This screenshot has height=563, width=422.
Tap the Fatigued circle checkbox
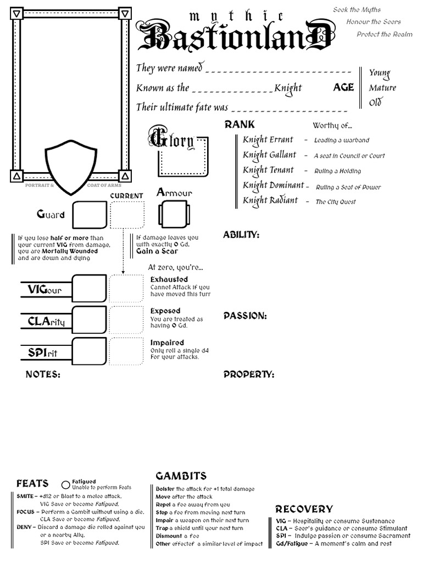point(66,485)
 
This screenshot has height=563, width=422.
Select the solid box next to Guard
point(90,214)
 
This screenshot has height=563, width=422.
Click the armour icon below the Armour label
point(174,214)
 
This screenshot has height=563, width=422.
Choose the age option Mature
point(382,88)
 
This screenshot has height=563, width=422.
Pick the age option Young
point(379,73)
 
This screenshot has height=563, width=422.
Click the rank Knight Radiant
point(270,201)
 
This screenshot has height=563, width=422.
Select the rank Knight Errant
point(268,140)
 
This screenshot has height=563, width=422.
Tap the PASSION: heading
point(245,316)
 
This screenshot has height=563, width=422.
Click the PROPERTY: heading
point(248,374)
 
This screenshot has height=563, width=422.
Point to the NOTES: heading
point(43,374)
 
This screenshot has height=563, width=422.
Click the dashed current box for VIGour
point(126,288)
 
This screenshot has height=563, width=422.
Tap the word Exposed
point(165,311)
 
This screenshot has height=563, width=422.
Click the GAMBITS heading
point(181,476)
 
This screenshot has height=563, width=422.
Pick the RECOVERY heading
point(304,509)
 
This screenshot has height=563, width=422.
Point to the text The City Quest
point(336,202)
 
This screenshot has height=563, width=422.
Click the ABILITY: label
point(241,235)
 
